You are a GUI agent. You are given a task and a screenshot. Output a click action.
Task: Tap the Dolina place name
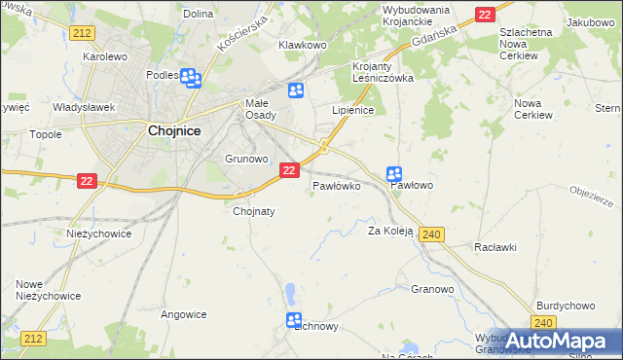198,14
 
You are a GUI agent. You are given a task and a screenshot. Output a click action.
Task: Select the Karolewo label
106,56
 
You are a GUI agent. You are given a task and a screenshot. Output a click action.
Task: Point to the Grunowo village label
246,158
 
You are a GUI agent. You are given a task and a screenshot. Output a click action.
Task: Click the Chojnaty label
254,210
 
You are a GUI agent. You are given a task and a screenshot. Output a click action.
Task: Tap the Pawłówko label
337,185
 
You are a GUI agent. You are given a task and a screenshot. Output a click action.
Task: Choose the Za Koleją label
390,231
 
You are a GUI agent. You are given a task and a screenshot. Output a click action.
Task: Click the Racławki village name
495,248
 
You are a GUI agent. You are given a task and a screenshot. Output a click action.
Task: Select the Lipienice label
353,110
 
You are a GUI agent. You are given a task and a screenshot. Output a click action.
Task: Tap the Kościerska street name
242,34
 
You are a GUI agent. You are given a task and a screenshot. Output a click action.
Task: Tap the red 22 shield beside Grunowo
288,170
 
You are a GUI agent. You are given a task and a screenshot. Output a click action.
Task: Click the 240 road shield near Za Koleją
434,234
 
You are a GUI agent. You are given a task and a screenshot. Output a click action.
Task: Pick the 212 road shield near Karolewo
82,32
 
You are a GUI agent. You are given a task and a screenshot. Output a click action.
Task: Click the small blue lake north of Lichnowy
290,291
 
